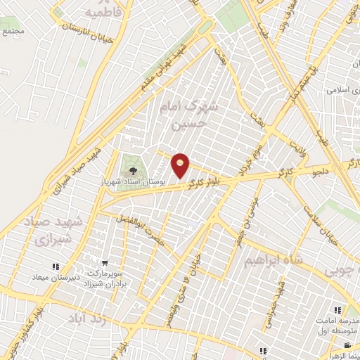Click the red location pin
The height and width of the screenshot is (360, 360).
coord(181,165)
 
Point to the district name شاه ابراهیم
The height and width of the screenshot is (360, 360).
coord(274,261)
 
